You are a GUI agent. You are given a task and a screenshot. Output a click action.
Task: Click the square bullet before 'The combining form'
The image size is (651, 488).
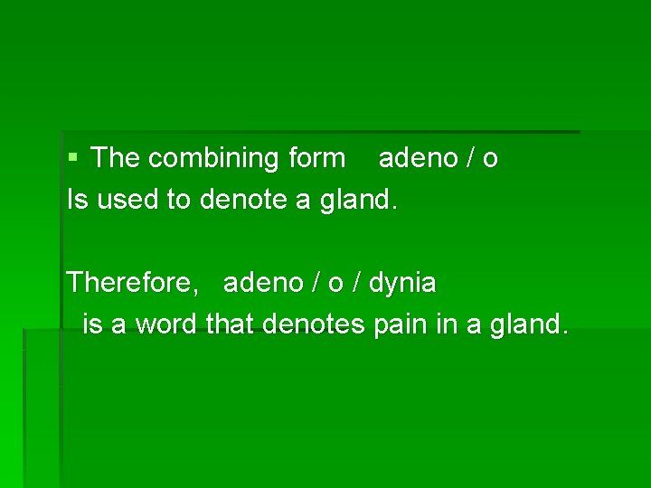73,158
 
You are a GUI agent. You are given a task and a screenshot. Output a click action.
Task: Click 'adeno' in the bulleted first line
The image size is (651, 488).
419,158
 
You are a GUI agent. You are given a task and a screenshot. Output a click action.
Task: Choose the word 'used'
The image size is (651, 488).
127,200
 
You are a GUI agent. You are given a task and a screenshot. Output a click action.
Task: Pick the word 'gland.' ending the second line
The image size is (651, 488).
358,201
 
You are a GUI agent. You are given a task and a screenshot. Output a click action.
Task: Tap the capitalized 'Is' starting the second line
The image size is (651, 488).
77,200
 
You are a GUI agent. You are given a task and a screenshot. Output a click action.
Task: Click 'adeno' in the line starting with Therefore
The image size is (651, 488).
263,283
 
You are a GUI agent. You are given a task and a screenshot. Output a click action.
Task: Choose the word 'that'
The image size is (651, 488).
232,324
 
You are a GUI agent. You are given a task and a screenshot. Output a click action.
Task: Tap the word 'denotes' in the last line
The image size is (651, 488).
316,324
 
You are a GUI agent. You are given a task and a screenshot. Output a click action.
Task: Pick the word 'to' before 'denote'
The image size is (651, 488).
177,200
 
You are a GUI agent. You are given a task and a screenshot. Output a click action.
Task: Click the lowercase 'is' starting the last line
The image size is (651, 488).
91,324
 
